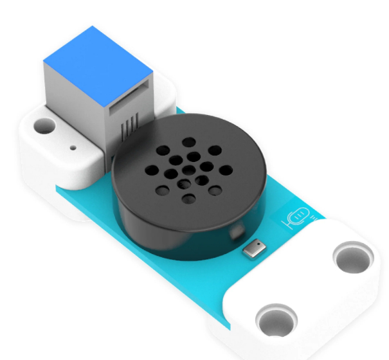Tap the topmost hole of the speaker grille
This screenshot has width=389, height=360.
coord(189,142)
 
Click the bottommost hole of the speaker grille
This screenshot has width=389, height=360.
coord(188,197)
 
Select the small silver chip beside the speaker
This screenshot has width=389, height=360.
coord(255,248)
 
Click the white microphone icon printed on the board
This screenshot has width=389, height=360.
coord(296,219)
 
